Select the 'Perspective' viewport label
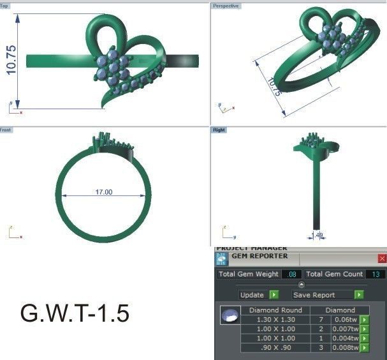226,6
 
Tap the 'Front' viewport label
6,130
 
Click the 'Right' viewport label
219,130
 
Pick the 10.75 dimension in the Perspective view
274,87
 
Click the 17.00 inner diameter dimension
103,191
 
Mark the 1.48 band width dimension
319,235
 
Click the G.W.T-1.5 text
75,313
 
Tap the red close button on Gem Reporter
382,259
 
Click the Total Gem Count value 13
375,274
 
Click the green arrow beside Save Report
359,295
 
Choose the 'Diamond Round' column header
275,310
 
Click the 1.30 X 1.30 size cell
275,320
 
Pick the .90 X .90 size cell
275,348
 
